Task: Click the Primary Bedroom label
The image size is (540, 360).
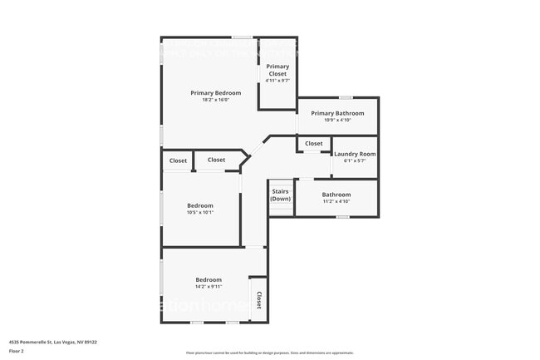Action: tap(215, 93)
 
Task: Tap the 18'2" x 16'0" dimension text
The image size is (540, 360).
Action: tap(215, 101)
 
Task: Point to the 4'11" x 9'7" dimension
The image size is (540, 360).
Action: tap(277, 81)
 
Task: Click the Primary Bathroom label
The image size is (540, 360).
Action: tap(337, 113)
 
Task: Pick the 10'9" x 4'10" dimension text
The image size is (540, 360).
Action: tap(337, 121)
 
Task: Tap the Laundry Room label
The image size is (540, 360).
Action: tap(355, 154)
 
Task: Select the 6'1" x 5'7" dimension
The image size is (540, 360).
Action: tap(355, 161)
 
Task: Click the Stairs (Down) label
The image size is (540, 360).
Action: tap(281, 195)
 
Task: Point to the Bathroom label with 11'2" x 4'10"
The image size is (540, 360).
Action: tap(336, 195)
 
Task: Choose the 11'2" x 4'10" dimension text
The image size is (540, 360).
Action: tap(336, 202)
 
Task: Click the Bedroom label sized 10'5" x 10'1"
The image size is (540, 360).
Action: tap(200, 205)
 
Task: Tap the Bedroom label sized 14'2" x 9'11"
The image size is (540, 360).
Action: tap(209, 279)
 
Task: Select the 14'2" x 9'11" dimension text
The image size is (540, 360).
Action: tap(209, 287)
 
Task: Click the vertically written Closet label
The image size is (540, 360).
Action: tap(258, 300)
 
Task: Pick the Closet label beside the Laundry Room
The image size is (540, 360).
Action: tap(313, 144)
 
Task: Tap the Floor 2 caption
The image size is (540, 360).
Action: tap(17, 352)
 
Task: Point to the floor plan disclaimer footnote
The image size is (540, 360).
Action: tap(269, 353)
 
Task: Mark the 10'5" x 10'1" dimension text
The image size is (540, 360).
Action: tap(200, 213)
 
